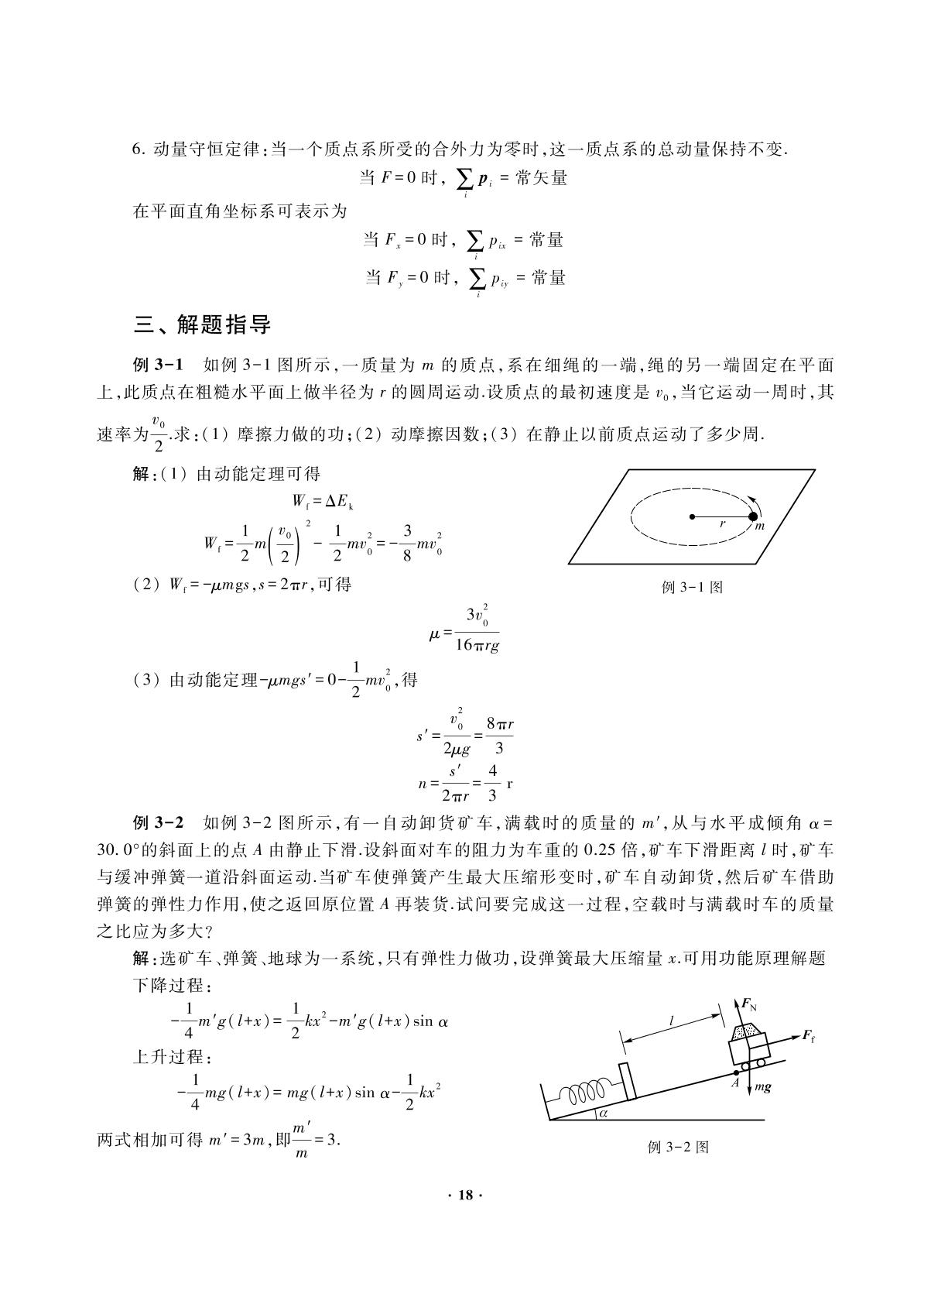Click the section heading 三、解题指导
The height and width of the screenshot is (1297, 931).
(x=203, y=325)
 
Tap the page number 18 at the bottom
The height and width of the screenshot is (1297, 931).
(x=465, y=1195)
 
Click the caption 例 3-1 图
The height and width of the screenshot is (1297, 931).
(x=693, y=587)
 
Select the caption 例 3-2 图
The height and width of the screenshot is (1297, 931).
(x=678, y=1147)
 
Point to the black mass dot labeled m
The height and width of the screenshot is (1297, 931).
(x=753, y=516)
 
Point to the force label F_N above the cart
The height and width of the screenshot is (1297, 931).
(x=748, y=1005)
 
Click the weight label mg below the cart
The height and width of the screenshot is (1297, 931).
(x=762, y=1087)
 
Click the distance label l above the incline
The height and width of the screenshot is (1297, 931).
(x=671, y=1023)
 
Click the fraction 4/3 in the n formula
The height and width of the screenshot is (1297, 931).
(x=493, y=783)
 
